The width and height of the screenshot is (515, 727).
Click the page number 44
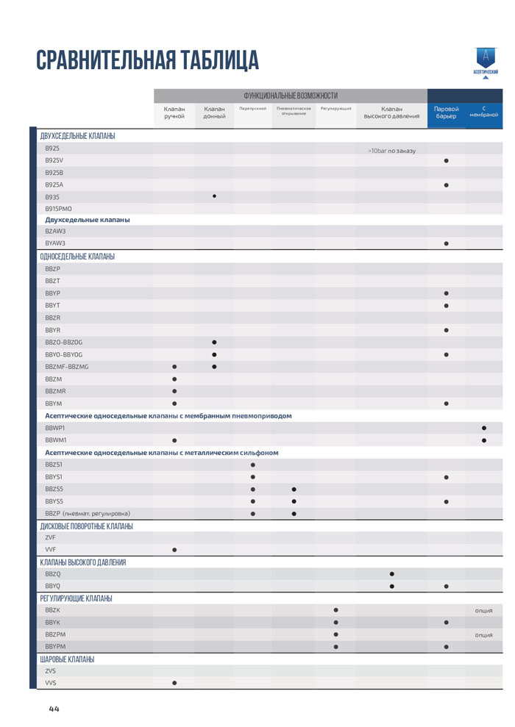(x=54, y=709)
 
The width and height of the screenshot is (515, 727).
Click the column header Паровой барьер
(x=447, y=112)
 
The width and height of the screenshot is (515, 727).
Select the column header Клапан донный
(x=214, y=112)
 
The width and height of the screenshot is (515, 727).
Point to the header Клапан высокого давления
(x=391, y=112)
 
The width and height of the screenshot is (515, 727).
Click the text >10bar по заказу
(x=391, y=151)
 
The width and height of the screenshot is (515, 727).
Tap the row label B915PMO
(x=59, y=209)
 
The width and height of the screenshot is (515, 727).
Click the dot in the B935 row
(x=214, y=196)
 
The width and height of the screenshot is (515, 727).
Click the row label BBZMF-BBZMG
(x=67, y=366)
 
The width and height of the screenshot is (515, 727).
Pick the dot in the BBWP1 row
(x=483, y=428)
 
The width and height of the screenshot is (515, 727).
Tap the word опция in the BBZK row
(x=483, y=610)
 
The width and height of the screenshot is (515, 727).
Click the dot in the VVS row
(x=174, y=683)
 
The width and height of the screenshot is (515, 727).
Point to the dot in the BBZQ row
(x=391, y=573)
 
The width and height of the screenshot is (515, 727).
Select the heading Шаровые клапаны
(x=67, y=659)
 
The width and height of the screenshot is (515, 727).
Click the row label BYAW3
(x=55, y=243)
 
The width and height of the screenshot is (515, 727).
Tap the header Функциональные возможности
(x=291, y=96)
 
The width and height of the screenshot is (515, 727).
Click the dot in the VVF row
(x=174, y=550)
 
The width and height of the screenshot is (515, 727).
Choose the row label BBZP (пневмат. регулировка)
(x=88, y=513)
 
